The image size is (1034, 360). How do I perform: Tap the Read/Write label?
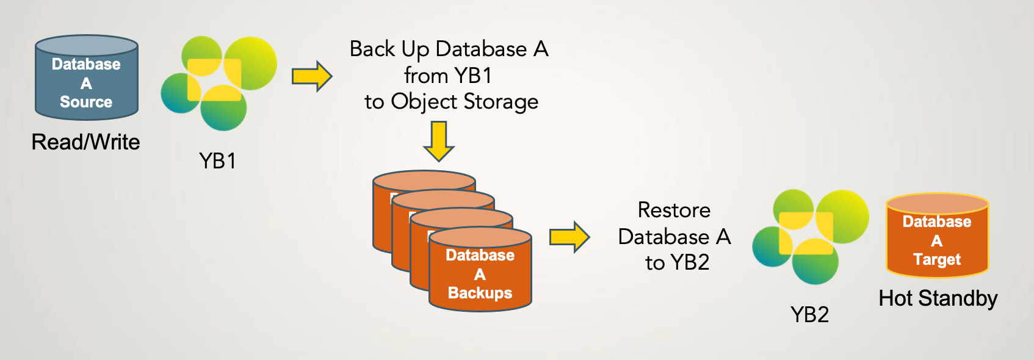86,142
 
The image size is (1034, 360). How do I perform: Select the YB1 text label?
217,161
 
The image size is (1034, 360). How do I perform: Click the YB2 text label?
809,315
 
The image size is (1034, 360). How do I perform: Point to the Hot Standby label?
938,298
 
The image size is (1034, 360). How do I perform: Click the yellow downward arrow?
438,141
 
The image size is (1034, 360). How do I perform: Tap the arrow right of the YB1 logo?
312,76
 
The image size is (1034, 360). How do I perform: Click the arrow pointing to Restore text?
569,237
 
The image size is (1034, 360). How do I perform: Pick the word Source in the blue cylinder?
86,102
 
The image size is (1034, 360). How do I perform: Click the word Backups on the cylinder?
480,293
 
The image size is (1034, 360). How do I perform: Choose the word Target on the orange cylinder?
937,259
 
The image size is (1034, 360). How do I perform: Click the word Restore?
674,210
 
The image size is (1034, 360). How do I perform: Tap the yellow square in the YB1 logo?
214,79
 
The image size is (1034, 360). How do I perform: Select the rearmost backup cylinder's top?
424,181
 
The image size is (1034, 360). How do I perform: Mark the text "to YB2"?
677,262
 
